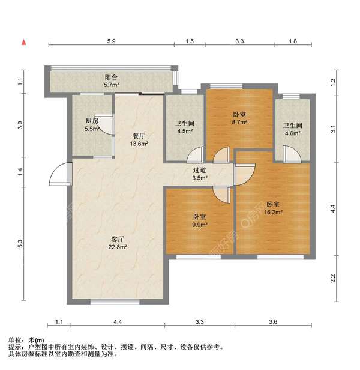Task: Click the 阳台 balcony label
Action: [111, 77]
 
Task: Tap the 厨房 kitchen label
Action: [91, 121]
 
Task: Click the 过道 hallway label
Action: [200, 170]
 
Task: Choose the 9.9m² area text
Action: [200, 225]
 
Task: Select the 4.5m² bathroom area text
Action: [184, 132]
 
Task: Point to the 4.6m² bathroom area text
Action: [292, 133]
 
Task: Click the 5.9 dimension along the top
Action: [111, 41]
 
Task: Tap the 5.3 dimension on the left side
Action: [20, 244]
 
